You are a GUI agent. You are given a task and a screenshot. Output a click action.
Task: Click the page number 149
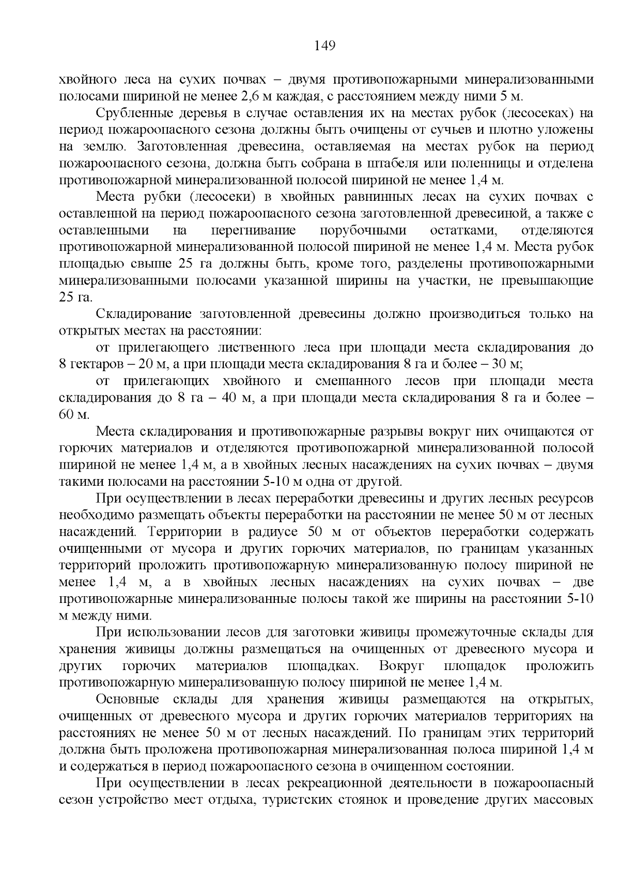325,46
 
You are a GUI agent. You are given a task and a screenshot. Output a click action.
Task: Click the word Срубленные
134,113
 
